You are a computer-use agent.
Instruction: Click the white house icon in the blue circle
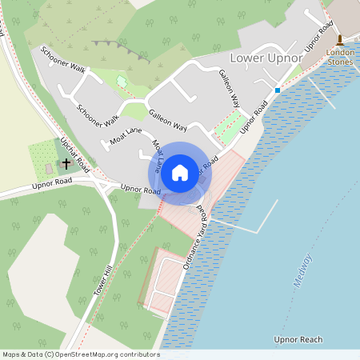tap(180, 172)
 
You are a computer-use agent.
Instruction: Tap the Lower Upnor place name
tap(266, 58)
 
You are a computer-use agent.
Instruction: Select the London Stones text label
tap(340, 57)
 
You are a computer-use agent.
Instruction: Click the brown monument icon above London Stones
tap(339, 39)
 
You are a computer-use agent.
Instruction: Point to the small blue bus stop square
tap(278, 90)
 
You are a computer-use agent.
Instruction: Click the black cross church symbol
tap(66, 162)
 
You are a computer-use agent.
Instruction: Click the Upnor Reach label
tap(298, 340)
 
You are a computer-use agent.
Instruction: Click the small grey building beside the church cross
tap(49, 169)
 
